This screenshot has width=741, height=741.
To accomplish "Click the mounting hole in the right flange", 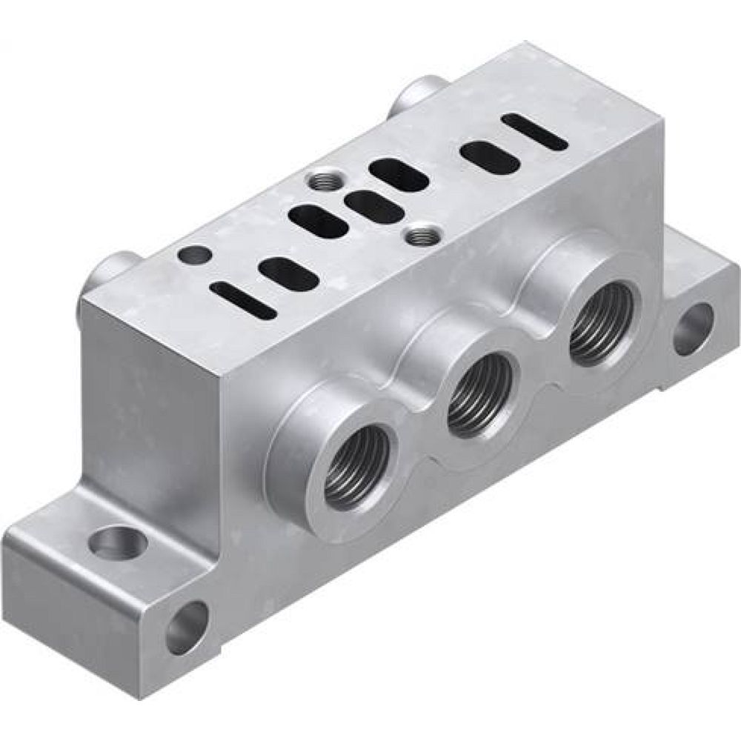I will [x=693, y=327].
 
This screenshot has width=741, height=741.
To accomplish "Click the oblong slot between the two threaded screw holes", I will [x=375, y=206].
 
